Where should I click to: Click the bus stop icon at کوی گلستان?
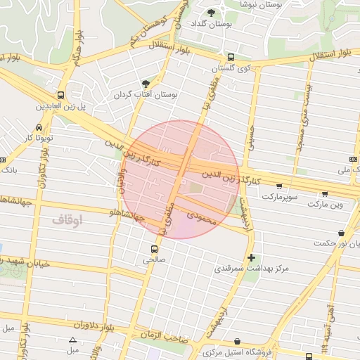(x=231, y=58)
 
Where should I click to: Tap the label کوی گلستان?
(x=233, y=69)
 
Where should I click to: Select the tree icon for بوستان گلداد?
(x=212, y=13)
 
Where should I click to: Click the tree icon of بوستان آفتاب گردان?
(x=146, y=83)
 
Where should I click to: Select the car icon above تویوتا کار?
(x=38, y=127)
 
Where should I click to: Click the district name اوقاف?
(x=67, y=220)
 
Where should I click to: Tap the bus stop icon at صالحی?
(x=153, y=248)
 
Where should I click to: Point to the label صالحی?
(x=154, y=259)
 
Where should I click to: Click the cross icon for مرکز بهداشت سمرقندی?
(x=251, y=257)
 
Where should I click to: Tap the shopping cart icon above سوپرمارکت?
(x=280, y=186)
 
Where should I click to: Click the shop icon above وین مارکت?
(x=324, y=193)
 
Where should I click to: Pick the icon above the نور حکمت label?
(x=341, y=233)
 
